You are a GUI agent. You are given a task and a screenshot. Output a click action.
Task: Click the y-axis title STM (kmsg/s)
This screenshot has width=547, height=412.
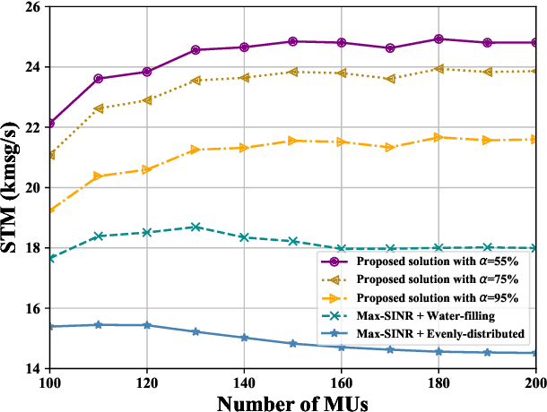coord(14,186)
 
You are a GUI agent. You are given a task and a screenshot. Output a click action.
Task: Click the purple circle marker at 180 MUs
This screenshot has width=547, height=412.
coord(438,39)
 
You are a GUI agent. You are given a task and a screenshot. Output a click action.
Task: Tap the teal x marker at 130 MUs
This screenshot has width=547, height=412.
coord(195,227)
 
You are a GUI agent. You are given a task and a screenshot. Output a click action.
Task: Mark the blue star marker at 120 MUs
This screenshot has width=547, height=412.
coord(147,325)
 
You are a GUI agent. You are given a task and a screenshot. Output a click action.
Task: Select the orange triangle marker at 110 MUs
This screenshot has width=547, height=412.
coord(99,176)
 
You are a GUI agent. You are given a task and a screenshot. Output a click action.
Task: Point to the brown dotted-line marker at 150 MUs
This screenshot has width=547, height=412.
coord(292,72)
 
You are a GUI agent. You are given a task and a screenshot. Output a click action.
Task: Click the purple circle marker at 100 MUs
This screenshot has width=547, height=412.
coord(50,123)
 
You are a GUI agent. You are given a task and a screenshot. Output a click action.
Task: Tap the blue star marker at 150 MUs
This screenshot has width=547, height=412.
coord(292,343)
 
